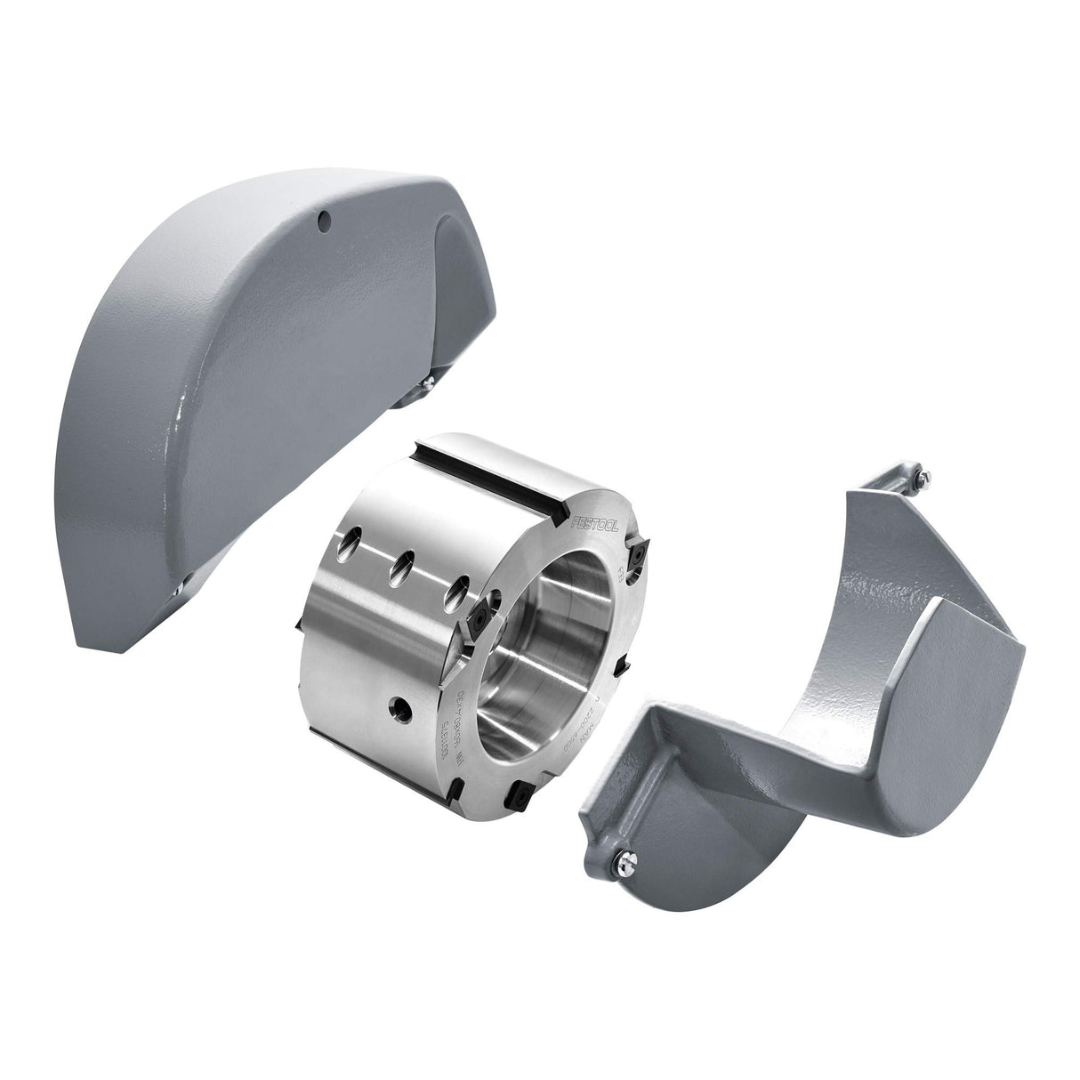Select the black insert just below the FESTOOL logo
[639, 558]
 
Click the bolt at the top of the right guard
[922, 480]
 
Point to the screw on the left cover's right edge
[429, 383]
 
